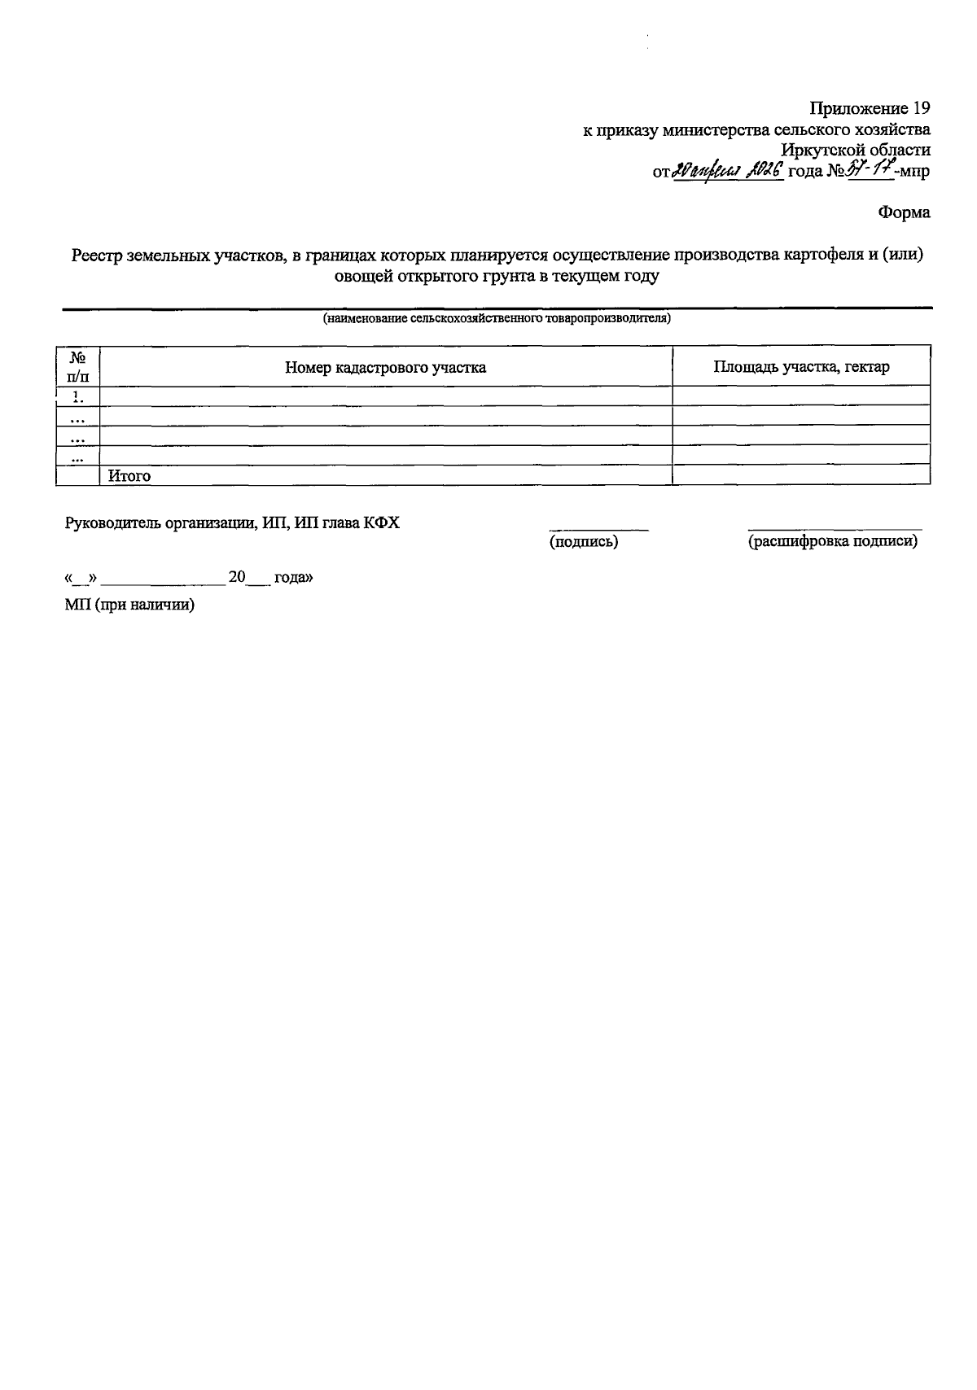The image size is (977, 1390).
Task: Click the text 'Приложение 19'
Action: point(869,108)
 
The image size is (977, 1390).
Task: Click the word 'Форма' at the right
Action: point(904,213)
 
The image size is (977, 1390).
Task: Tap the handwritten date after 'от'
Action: point(728,171)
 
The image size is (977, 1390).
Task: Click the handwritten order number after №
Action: point(871,171)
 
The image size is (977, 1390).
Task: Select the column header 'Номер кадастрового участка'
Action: point(385,367)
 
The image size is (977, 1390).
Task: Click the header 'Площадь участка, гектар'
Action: point(801,366)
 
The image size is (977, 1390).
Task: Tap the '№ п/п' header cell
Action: point(78,366)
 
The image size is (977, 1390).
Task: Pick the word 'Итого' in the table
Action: point(129,476)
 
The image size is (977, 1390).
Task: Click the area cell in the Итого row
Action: point(801,475)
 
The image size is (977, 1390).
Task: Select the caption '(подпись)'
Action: point(584,541)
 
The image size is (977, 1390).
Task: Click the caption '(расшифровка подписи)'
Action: point(833,541)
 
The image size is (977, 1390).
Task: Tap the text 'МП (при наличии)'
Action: point(129,605)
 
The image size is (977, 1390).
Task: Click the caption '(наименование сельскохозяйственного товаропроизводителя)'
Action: point(497,318)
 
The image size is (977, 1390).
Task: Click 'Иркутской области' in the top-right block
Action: point(855,151)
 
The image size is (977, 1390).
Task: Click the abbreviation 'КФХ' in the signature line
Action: point(381,522)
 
